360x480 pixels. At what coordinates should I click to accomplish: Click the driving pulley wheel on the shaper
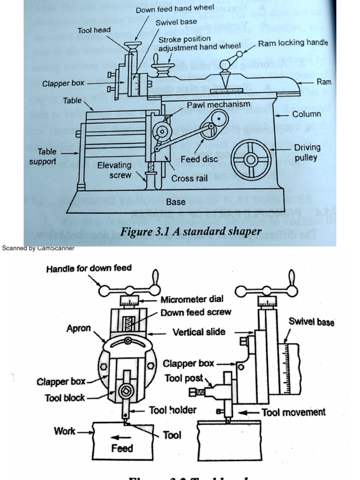pos(251,160)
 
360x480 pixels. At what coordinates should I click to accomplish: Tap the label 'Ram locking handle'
pos(293,43)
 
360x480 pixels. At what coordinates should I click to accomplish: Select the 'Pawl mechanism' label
pos(219,105)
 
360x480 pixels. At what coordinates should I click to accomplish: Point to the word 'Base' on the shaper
pos(176,202)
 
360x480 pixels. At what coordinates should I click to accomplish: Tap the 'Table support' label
pos(42,157)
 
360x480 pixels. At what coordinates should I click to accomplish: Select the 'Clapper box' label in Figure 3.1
pos(63,83)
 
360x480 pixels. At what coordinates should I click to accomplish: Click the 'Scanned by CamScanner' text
pos(38,248)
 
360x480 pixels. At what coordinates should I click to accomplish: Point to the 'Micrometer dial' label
pos(192,299)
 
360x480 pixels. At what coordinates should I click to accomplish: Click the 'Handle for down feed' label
pos(89,269)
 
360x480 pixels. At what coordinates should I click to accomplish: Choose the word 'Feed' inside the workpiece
pos(122,448)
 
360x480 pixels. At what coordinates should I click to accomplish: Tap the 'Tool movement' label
pos(293,412)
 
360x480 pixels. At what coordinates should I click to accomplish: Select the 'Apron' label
pos(78,328)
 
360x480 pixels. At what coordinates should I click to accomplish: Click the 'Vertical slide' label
pos(199,332)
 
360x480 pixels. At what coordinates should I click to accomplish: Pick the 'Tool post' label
pos(184,378)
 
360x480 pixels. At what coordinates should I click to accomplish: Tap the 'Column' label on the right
pos(307,114)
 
